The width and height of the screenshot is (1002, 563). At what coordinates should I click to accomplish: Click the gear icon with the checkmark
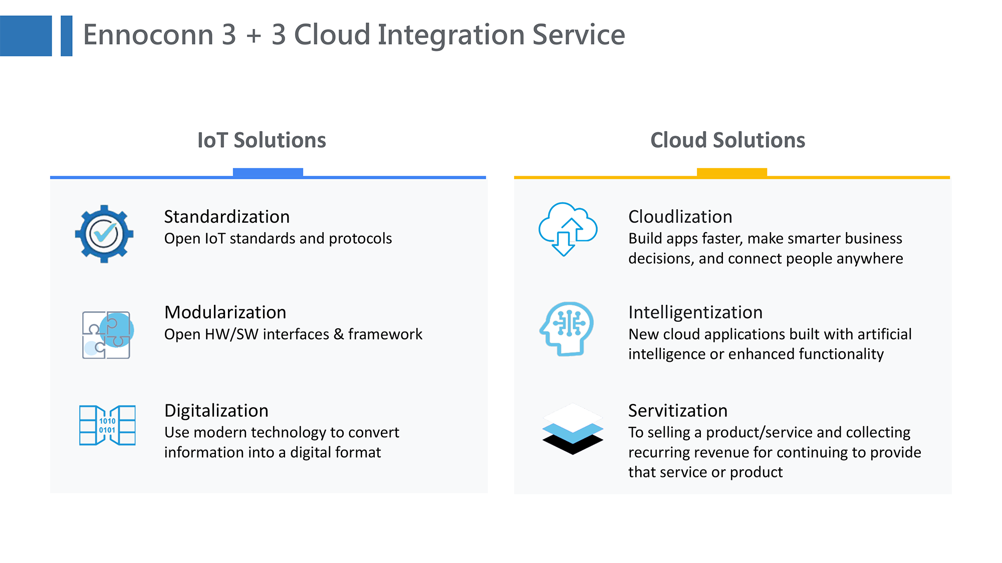pyautogui.click(x=104, y=234)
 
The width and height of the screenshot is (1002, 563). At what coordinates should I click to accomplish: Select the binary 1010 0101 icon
pyautogui.click(x=107, y=425)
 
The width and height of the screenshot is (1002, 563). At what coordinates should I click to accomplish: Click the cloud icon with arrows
pyautogui.click(x=568, y=229)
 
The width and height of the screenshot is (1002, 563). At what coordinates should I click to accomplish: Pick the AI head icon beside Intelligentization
pyautogui.click(x=567, y=329)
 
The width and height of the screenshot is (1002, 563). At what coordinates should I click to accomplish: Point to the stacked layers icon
pyautogui.click(x=573, y=429)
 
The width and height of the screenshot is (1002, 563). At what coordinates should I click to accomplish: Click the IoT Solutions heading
pyautogui.click(x=262, y=140)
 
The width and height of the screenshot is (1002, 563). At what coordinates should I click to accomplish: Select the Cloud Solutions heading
pyautogui.click(x=727, y=140)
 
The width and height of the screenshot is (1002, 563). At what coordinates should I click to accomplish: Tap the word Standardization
pyautogui.click(x=227, y=217)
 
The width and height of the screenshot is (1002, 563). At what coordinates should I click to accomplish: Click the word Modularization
pyautogui.click(x=225, y=312)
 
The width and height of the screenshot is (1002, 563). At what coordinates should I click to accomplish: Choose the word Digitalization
pyautogui.click(x=216, y=411)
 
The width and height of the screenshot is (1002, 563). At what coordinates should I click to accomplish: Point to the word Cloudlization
pyautogui.click(x=680, y=217)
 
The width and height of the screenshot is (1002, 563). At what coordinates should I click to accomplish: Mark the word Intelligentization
pyautogui.click(x=695, y=312)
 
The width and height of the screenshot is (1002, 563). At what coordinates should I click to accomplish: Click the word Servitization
pyautogui.click(x=678, y=411)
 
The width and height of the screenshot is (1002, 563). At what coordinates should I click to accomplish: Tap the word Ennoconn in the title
pyautogui.click(x=149, y=35)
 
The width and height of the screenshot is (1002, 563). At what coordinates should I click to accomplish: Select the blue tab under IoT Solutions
pyautogui.click(x=268, y=172)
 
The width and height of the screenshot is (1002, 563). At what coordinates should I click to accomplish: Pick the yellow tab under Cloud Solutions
pyautogui.click(x=732, y=172)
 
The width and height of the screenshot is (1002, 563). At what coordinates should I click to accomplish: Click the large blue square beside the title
pyautogui.click(x=26, y=36)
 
